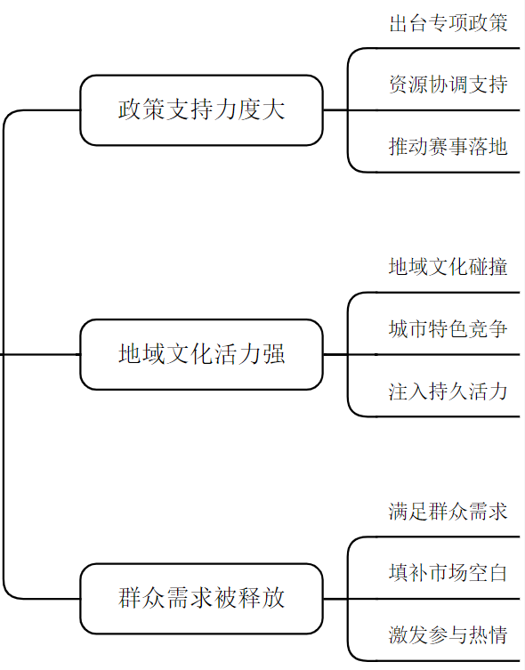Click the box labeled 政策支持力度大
click(x=201, y=110)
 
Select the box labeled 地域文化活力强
click(x=201, y=354)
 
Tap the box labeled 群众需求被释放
click(x=201, y=598)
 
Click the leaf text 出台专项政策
click(x=448, y=24)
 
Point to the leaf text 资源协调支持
click(x=448, y=85)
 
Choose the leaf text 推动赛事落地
click(x=448, y=146)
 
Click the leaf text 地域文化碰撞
click(x=448, y=268)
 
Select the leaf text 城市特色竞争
click(x=448, y=328)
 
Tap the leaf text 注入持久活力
click(x=448, y=390)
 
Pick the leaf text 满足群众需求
click(x=448, y=512)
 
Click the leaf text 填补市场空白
click(x=448, y=572)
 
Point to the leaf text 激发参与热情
click(x=448, y=634)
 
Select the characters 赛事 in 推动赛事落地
click(x=448, y=146)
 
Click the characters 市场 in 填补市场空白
click(x=448, y=572)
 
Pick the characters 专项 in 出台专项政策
click(x=448, y=24)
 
